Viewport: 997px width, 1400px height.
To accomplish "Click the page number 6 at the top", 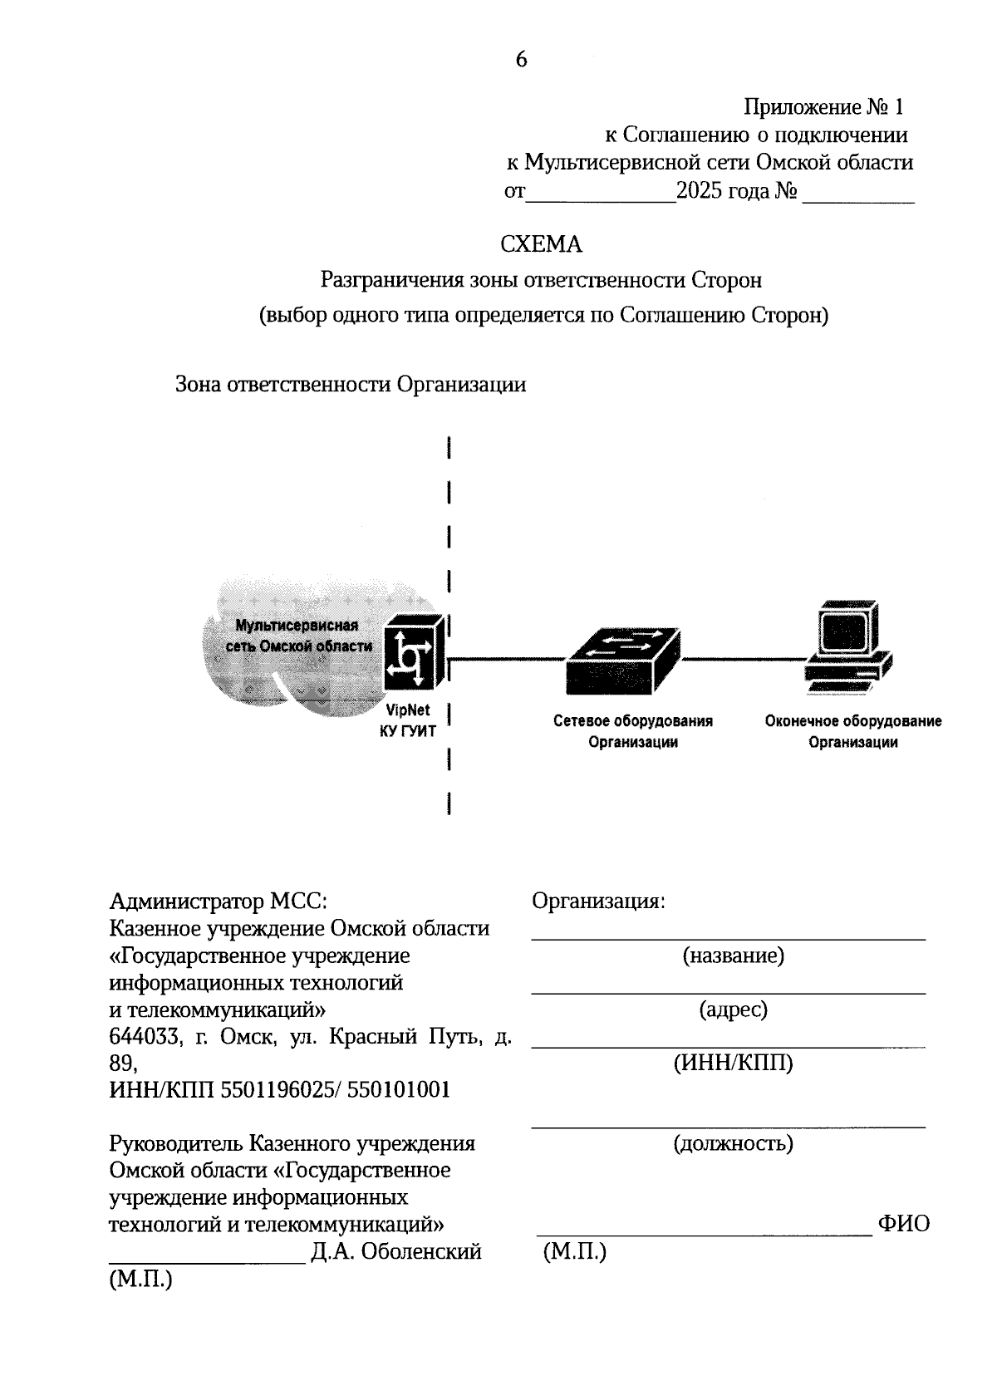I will point(521,60).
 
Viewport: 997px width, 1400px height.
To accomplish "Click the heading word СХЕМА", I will point(541,245).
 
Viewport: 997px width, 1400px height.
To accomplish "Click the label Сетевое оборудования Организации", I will point(633,732).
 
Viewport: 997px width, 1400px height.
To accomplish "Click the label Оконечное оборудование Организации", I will point(853,732).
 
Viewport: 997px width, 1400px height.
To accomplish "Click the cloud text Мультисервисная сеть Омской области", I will point(298,636).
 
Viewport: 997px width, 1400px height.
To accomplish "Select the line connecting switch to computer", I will point(742,659).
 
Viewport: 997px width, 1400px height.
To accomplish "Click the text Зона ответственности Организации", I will point(350,386).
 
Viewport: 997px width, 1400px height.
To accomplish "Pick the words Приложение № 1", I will point(823,107).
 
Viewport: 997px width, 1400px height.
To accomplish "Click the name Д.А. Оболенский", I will point(396,1252).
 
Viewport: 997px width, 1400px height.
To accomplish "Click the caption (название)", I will point(733,956).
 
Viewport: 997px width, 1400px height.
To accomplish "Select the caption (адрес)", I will point(733,1010).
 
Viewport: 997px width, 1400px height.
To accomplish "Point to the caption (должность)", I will point(733,1144).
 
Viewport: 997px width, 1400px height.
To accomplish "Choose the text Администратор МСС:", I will point(219,902).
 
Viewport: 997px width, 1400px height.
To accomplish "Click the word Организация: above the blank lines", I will point(598,902).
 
